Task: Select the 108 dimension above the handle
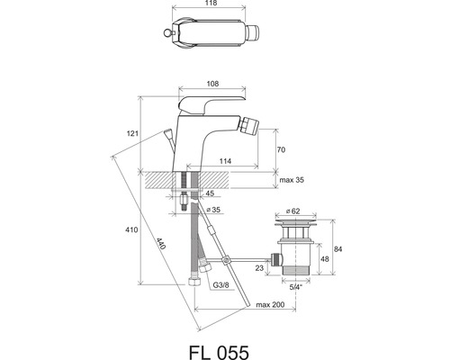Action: (x=212, y=84)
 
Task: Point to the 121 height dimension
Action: (x=132, y=133)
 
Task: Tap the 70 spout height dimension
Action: (x=281, y=149)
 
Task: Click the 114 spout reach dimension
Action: (x=225, y=161)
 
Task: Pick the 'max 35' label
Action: (x=292, y=180)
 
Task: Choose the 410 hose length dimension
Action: (x=131, y=229)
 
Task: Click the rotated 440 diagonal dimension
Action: (x=161, y=244)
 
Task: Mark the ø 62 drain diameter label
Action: (x=292, y=211)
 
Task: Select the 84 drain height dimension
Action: (x=337, y=249)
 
